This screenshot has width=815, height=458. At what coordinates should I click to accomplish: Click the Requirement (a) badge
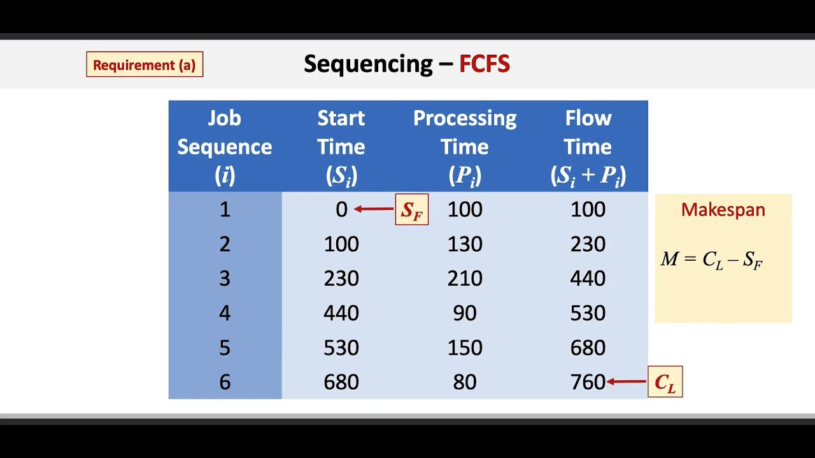(x=145, y=65)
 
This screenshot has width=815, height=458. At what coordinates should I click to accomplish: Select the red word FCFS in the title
(x=484, y=64)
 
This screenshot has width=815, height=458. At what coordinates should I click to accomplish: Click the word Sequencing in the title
(x=368, y=64)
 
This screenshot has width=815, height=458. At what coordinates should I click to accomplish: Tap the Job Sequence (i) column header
(x=224, y=147)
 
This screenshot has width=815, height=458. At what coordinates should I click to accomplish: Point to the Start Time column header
(x=341, y=147)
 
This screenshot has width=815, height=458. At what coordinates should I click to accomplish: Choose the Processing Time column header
(x=464, y=147)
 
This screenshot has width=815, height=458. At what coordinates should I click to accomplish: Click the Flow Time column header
(x=588, y=147)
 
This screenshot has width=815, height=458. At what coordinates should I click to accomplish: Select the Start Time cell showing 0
(x=341, y=210)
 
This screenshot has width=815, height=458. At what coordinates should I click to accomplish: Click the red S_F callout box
(x=412, y=210)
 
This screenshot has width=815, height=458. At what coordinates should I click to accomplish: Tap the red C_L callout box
(x=665, y=382)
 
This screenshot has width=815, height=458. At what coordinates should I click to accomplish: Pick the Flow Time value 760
(x=588, y=382)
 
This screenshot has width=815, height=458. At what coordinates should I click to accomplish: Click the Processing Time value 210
(x=464, y=279)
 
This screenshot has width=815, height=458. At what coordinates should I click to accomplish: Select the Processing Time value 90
(x=464, y=313)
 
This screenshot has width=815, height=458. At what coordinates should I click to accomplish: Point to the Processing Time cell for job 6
(x=464, y=382)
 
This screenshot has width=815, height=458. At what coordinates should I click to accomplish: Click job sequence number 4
(x=224, y=313)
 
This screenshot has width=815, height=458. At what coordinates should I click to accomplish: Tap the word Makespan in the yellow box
(x=723, y=210)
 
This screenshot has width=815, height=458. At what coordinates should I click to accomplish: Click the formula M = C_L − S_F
(x=711, y=260)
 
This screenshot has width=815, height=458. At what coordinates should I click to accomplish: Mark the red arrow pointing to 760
(x=627, y=382)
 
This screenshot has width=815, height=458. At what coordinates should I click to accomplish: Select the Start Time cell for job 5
(x=341, y=348)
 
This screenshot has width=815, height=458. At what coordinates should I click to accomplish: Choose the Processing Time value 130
(x=464, y=244)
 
